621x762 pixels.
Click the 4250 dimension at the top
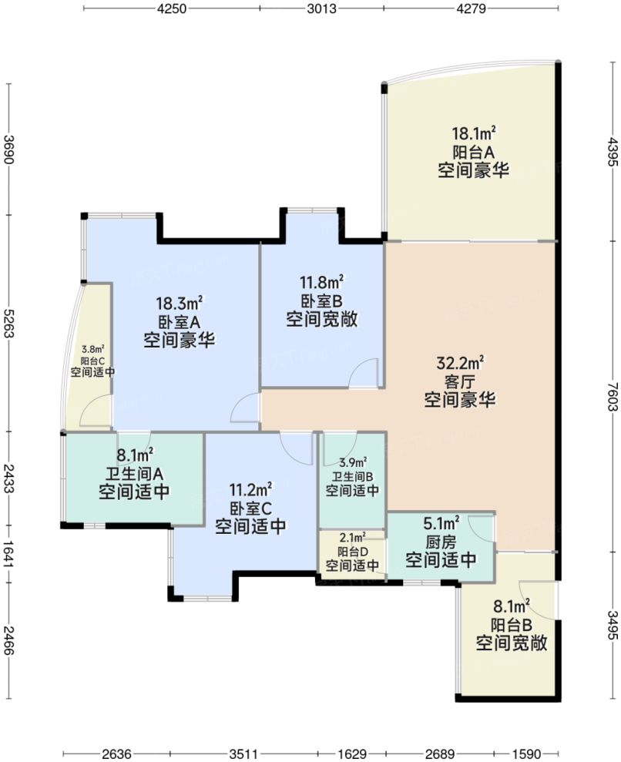pos(172,8)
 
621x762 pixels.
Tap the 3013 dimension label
pos(322,8)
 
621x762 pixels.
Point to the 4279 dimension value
pos(471,8)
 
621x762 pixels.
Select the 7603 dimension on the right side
pos(613,396)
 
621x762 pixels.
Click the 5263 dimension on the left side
pos(8,323)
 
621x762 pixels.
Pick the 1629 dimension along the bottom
pos(352,754)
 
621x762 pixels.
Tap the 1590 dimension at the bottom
pos(527,754)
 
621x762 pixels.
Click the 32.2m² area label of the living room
pos(460,363)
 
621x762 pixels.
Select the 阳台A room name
pos(474,152)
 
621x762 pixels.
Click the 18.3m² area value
pos(180,304)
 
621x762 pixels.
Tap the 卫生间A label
pos(134,473)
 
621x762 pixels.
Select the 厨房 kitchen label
pos(441,542)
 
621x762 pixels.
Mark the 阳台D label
pos(352,552)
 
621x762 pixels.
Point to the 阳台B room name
pos(512,625)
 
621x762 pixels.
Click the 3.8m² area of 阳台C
pos(92,349)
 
